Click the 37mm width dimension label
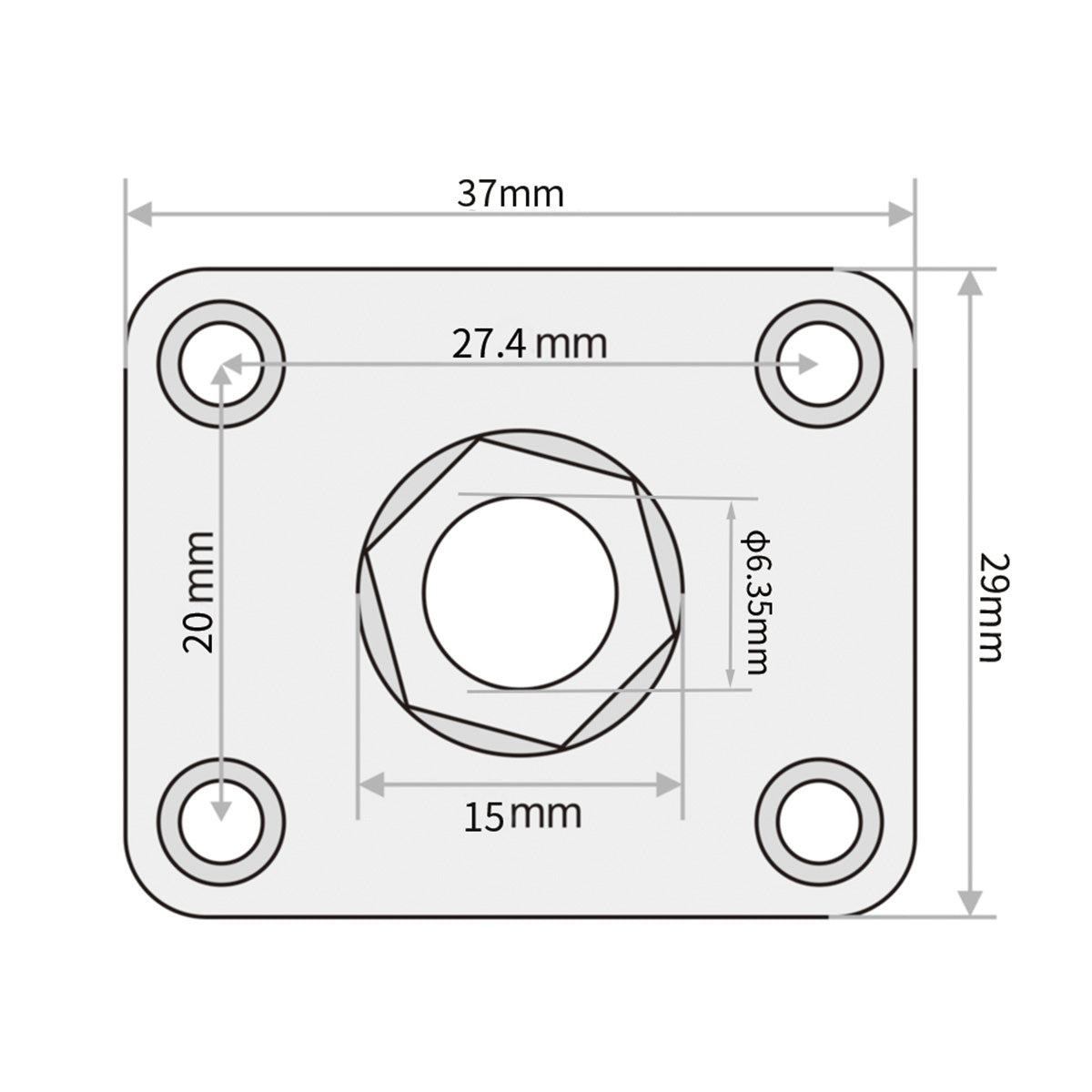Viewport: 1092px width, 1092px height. click(511, 194)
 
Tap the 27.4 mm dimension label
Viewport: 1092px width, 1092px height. click(530, 344)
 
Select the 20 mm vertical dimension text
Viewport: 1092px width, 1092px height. click(199, 591)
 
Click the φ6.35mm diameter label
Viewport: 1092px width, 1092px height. click(756, 602)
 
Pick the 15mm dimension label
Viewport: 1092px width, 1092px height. click(522, 815)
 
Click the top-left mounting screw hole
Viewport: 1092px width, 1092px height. click(221, 364)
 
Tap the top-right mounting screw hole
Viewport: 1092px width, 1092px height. click(819, 364)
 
